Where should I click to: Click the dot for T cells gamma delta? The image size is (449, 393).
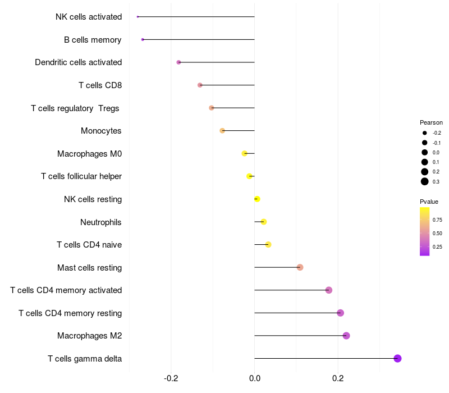397,358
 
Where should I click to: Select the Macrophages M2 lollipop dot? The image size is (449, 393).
346,336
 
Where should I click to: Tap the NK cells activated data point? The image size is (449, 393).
138,17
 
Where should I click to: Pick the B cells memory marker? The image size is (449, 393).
143,39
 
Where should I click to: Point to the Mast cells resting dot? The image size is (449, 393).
300,267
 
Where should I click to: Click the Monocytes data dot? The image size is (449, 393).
222,131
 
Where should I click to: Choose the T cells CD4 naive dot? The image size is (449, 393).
268,245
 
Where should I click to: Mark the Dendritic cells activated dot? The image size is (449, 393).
178,62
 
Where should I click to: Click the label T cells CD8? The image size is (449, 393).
100,85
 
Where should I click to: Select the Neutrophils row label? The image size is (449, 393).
101,222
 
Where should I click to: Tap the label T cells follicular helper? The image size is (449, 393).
81,176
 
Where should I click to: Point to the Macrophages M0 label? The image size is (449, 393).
89,154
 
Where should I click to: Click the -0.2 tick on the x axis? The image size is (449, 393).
171,379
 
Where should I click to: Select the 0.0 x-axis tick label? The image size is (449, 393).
254,379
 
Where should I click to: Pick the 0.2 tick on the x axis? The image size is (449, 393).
338,379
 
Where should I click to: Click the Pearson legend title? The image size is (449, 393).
431,122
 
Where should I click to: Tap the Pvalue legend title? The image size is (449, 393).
429,202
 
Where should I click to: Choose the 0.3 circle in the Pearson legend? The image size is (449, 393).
425,181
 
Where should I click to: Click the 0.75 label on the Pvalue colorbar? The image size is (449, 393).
437,220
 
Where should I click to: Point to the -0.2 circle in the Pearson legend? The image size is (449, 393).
425,133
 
